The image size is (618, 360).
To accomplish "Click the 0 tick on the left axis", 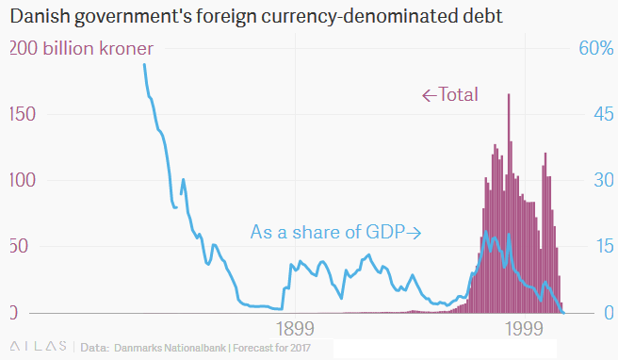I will click(12, 312).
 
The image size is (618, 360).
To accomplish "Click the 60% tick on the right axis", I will click(595, 48).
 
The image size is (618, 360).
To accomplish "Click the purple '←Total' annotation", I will click(449, 94).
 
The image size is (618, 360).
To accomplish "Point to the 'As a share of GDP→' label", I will click(334, 231).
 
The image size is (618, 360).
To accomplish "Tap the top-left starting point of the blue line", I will click(144, 65).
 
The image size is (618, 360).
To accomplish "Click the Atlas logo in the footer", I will click(37, 347).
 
